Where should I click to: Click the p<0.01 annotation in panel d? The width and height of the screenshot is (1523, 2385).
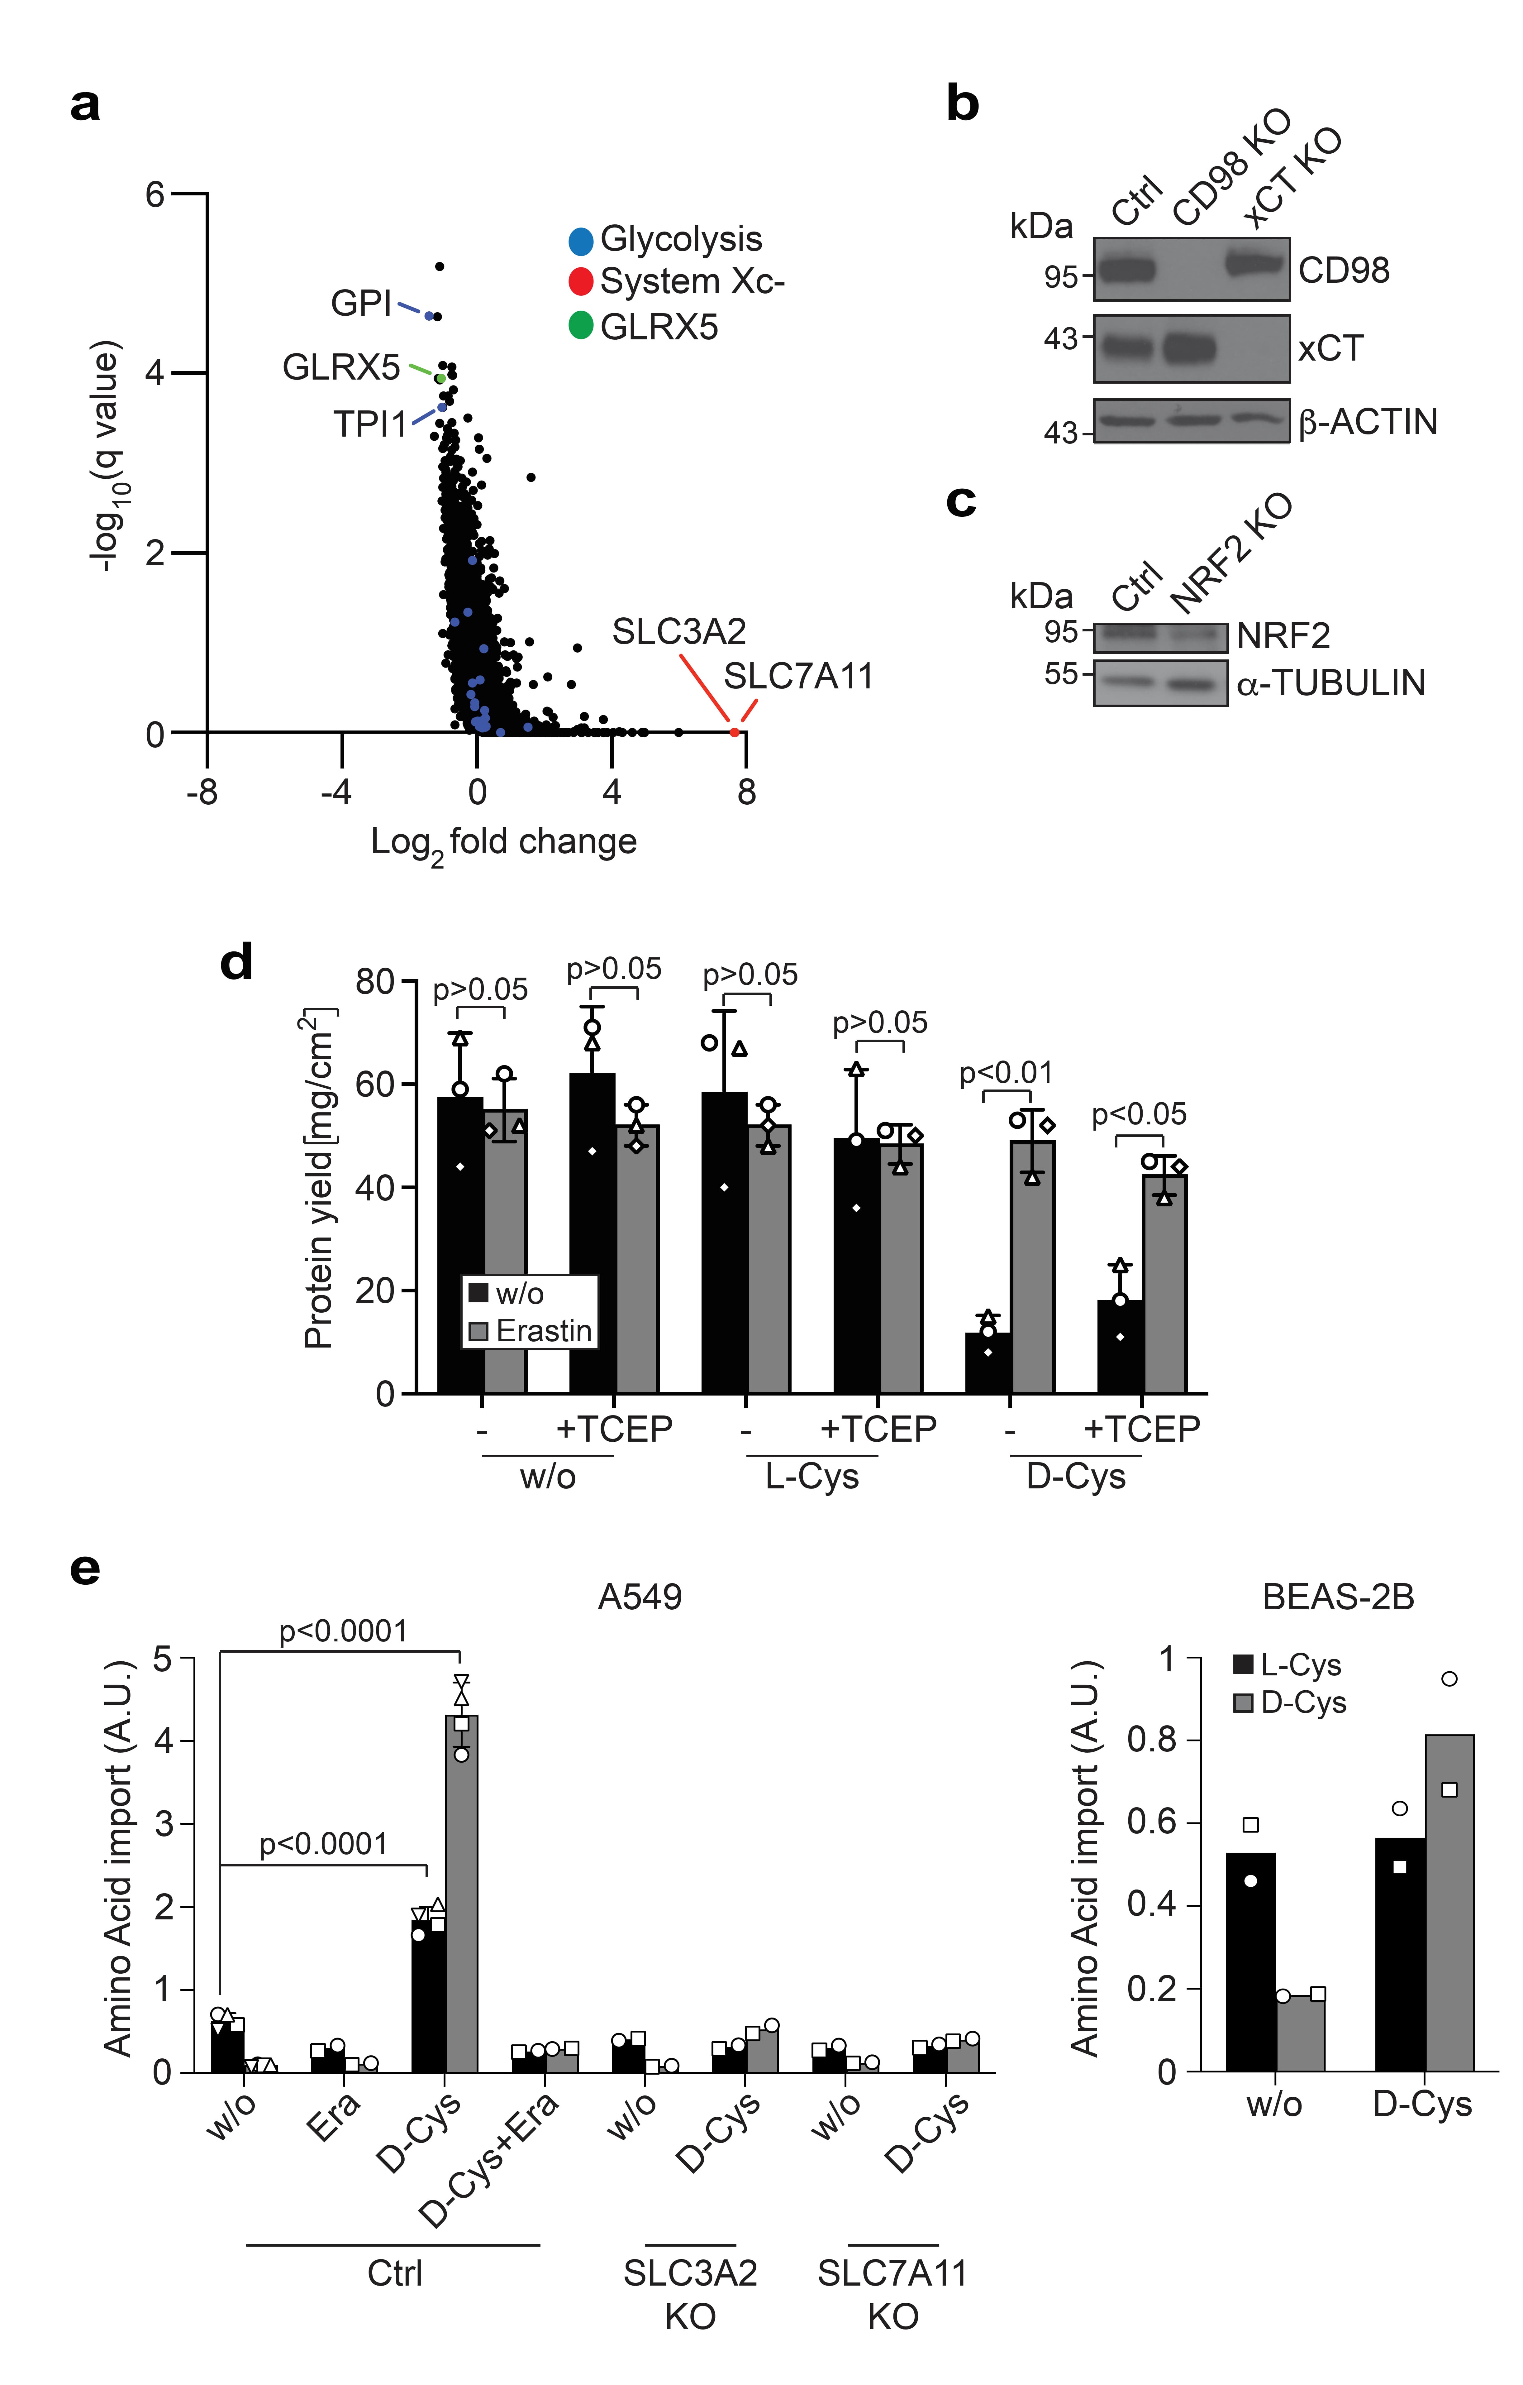1006,1073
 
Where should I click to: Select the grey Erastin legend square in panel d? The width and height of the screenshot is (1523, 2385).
478,1331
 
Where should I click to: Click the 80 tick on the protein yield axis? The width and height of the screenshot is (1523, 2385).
374,983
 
